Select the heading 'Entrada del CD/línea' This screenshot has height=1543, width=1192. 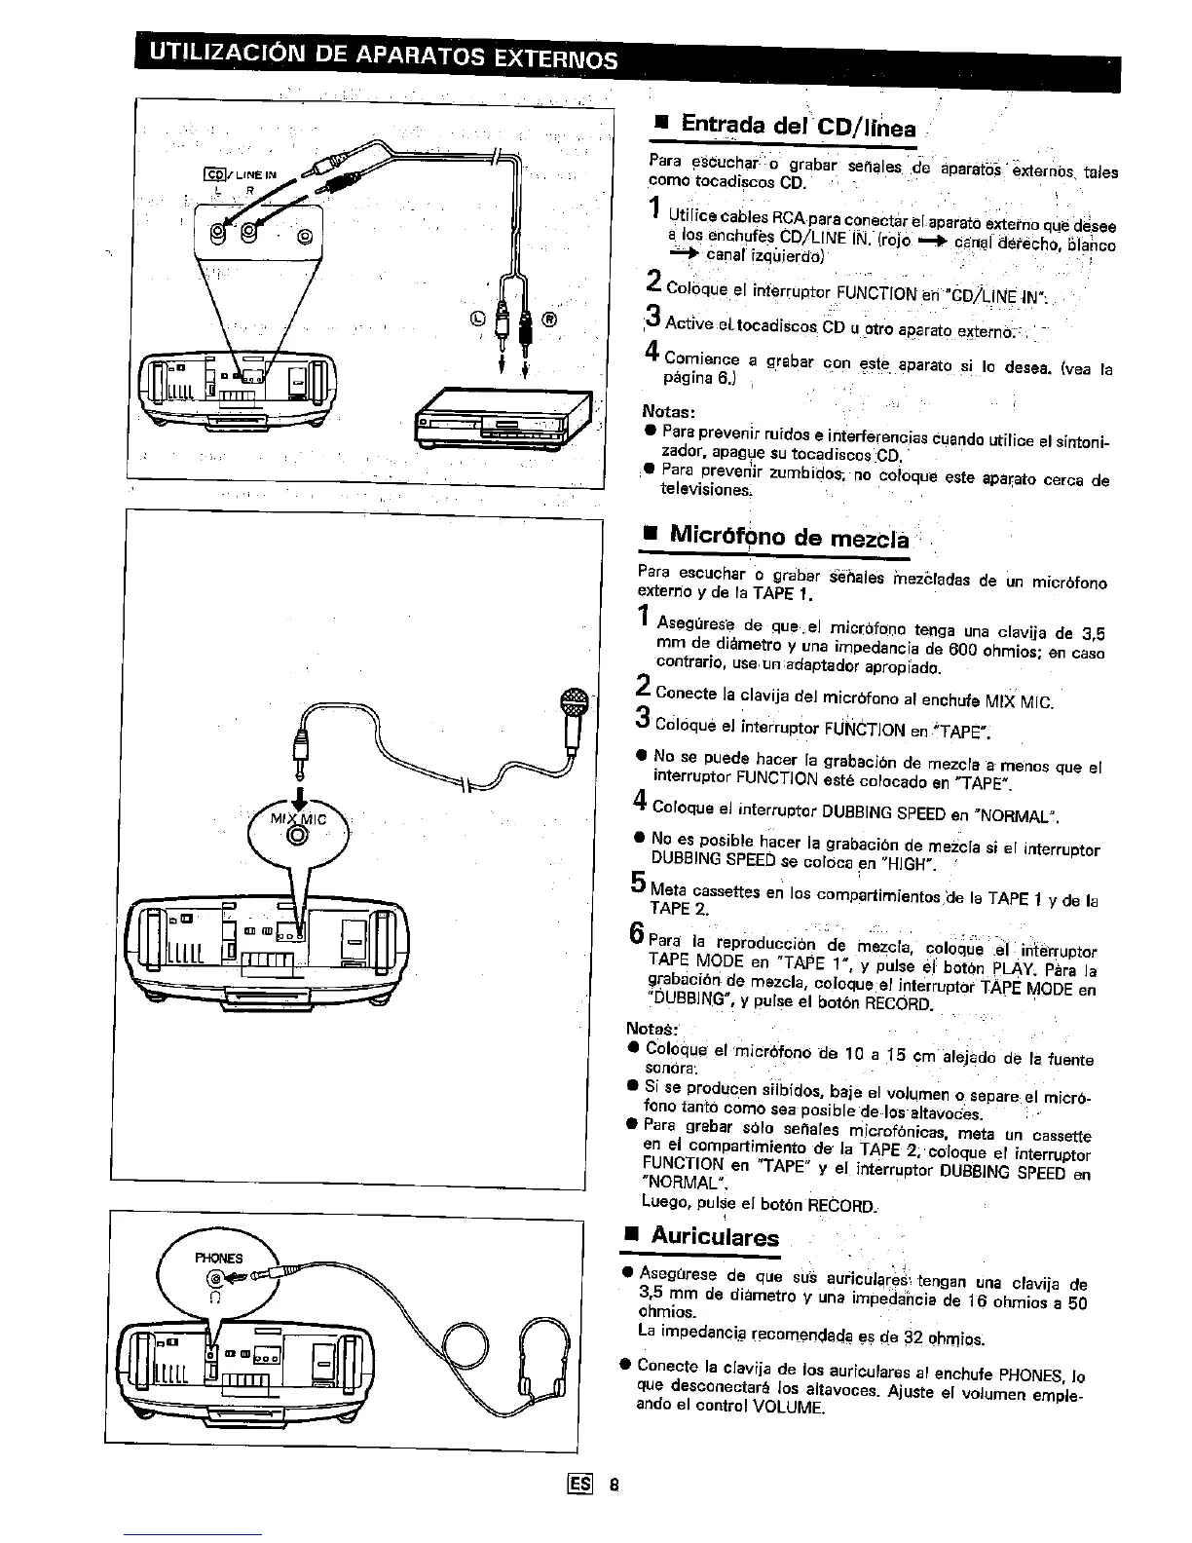tap(798, 128)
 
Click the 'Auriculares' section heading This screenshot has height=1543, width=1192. tap(715, 1237)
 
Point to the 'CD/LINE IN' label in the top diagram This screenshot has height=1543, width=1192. tap(240, 175)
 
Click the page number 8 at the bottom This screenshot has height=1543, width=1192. tap(615, 1487)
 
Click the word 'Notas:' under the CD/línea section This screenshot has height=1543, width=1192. tap(668, 410)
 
